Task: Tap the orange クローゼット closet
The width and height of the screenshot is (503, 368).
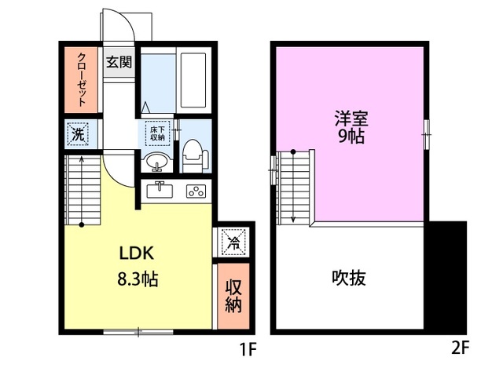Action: [82, 78]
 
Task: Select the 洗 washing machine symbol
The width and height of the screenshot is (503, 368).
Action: [78, 133]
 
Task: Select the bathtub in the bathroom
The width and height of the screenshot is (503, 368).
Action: [193, 81]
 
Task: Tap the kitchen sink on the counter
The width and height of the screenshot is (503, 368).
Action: [160, 189]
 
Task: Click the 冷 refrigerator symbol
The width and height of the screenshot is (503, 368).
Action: [232, 241]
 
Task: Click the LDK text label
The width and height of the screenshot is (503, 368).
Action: [139, 253]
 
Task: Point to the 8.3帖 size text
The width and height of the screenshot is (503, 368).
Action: [139, 279]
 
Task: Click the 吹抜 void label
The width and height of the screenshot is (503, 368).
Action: [349, 278]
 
